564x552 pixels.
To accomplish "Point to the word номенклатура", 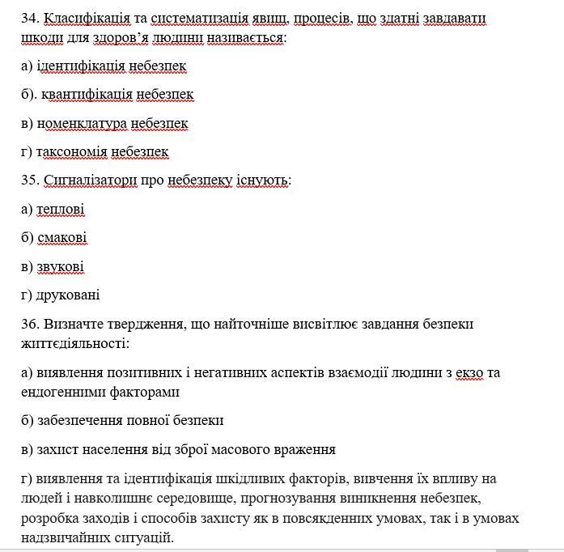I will [82, 123].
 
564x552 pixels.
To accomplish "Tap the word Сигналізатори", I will [90, 180].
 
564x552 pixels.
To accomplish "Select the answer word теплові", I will [61, 210].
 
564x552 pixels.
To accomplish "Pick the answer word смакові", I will [61, 238].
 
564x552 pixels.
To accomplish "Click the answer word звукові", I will [60, 266].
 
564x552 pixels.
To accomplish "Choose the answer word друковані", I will [68, 295].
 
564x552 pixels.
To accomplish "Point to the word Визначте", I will [72, 324].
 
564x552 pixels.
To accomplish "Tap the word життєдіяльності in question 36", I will [73, 343].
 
